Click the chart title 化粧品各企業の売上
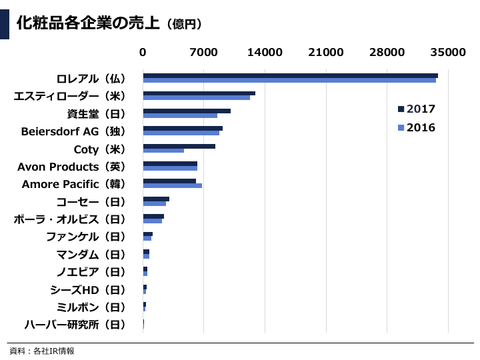tap(87, 24)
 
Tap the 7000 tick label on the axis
tap(204, 53)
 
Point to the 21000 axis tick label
tap(326, 53)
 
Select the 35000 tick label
tap(448, 53)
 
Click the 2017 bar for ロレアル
tap(290, 75)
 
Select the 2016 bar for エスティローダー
tap(197, 97)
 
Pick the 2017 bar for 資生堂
tap(187, 111)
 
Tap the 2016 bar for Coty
tap(163, 150)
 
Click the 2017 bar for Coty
tap(179, 145)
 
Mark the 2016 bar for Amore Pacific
tap(172, 185)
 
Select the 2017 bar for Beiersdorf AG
tap(183, 128)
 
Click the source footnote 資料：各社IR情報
tap(42, 351)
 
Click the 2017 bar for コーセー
tap(156, 199)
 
